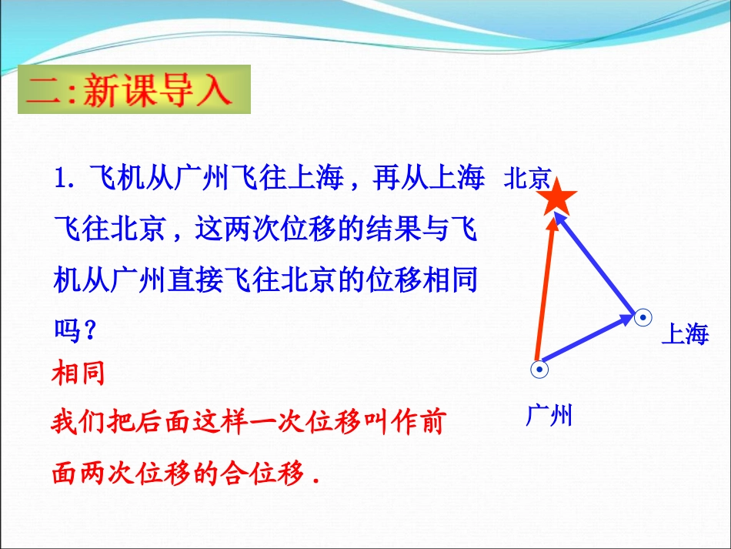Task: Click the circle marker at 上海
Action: coord(643,316)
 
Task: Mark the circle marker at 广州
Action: coord(540,370)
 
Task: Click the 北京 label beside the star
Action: coord(526,179)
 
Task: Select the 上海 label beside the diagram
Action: coord(684,334)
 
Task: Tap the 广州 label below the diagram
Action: coord(549,416)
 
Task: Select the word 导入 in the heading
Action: coord(197,90)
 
